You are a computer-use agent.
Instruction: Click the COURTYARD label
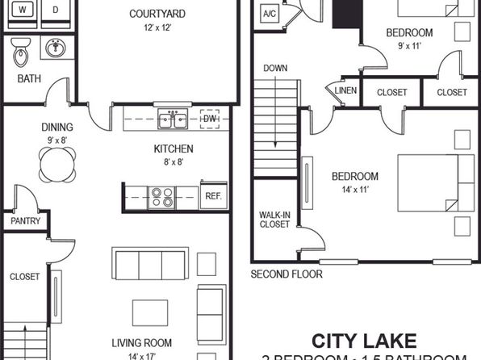[x=157, y=14]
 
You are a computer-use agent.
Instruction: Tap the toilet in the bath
[x=21, y=54]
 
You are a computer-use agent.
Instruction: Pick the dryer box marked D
[x=55, y=10]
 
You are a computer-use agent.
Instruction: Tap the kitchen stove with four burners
[x=161, y=195]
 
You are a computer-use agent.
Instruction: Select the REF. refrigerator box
[x=214, y=195]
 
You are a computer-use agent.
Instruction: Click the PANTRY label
[x=24, y=220]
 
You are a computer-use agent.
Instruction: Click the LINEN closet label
[x=345, y=92]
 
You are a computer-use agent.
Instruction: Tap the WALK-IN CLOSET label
[x=274, y=220]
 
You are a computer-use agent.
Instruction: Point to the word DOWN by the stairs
[x=275, y=68]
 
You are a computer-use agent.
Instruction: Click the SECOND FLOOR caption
[x=287, y=274]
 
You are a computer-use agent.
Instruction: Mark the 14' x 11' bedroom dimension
[x=353, y=190]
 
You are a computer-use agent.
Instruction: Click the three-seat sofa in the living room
[x=149, y=264]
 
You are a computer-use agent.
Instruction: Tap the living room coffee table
[x=151, y=312]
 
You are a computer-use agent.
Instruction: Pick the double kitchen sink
[x=174, y=120]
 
